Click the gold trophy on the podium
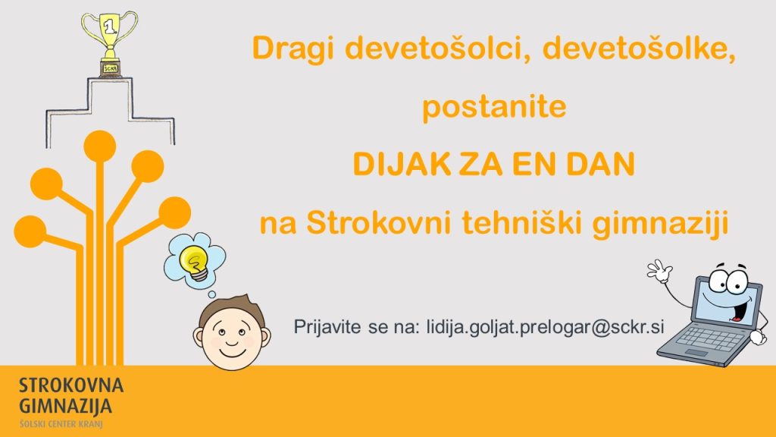coord(109,43)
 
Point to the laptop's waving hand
coord(660,271)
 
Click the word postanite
coord(494,107)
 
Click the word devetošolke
coord(639,48)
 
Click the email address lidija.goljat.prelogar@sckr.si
coord(545,328)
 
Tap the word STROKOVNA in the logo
coord(71,385)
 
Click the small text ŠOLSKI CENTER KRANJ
coord(61,423)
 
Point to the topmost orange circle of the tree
coord(100,146)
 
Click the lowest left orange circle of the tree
coord(30,231)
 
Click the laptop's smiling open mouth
coord(737,310)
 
